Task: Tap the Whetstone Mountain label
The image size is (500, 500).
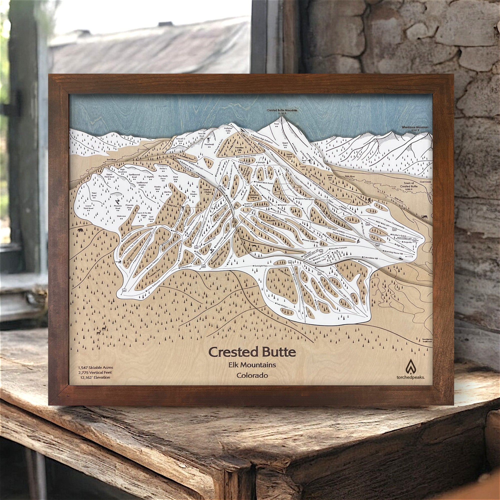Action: click(415, 128)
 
